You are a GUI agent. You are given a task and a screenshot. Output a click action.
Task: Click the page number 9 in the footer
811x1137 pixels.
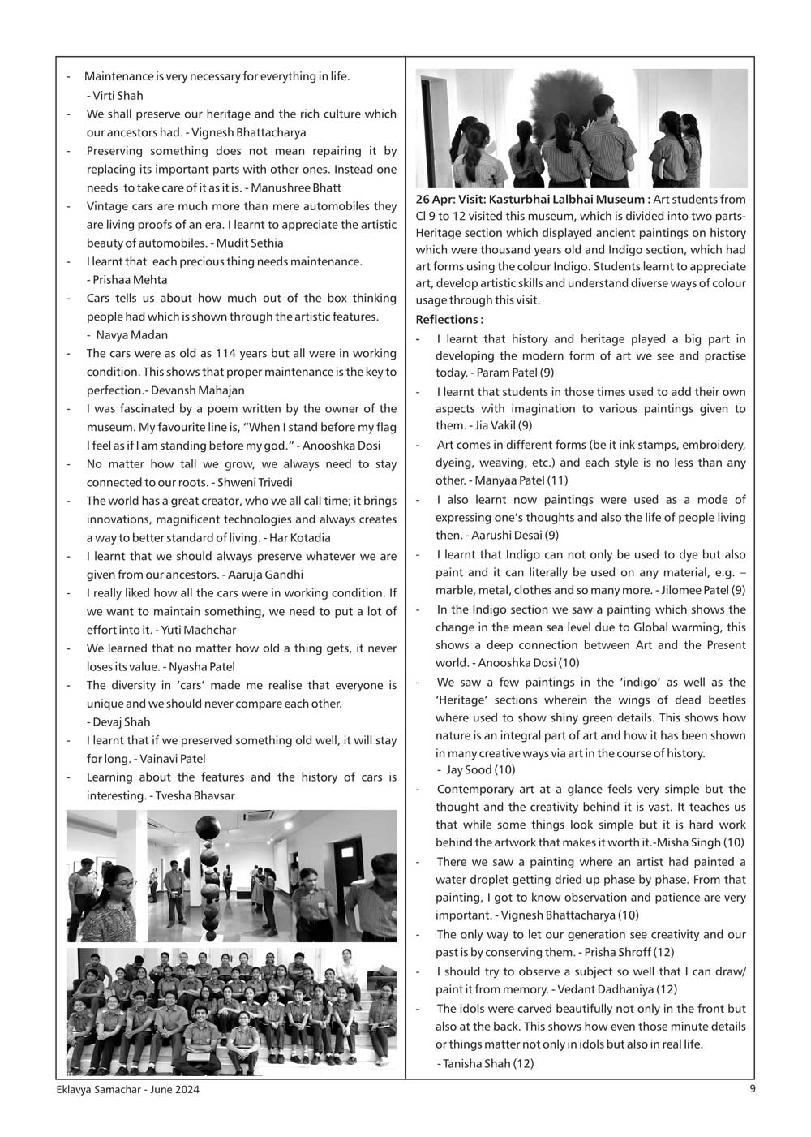pyautogui.click(x=753, y=1090)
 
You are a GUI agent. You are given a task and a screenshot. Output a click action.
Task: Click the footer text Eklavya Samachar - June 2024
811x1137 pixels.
pyautogui.click(x=122, y=1090)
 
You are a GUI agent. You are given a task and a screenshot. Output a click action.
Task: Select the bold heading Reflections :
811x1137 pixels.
pyautogui.click(x=449, y=319)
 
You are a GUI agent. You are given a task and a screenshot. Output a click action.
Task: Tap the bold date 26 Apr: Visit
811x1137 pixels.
pyautogui.click(x=449, y=200)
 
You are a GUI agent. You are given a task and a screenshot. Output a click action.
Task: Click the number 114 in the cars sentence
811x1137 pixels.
pyautogui.click(x=204, y=353)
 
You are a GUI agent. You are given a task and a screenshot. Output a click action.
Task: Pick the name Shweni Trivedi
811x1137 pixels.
pyautogui.click(x=255, y=482)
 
